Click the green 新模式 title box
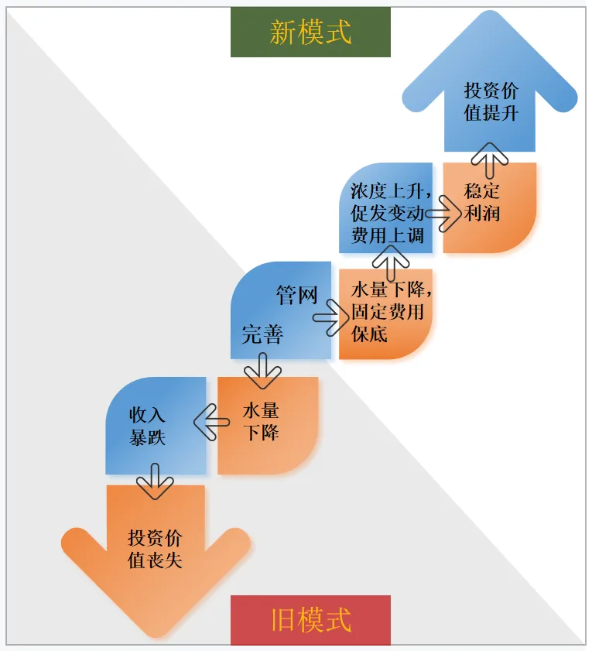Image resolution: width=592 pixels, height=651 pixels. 310,32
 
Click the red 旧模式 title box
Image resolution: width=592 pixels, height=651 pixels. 310,620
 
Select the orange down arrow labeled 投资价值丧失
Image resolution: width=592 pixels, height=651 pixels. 156,551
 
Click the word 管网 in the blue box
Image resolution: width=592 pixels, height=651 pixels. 297,295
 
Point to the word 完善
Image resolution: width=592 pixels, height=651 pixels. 262,335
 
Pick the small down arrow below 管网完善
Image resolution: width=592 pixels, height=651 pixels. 262,371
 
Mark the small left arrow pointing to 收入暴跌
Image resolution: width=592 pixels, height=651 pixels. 211,423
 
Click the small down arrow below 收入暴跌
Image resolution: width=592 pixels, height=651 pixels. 155,481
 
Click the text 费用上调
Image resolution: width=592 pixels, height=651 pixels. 388,235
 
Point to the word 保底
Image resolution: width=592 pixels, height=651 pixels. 369,334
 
